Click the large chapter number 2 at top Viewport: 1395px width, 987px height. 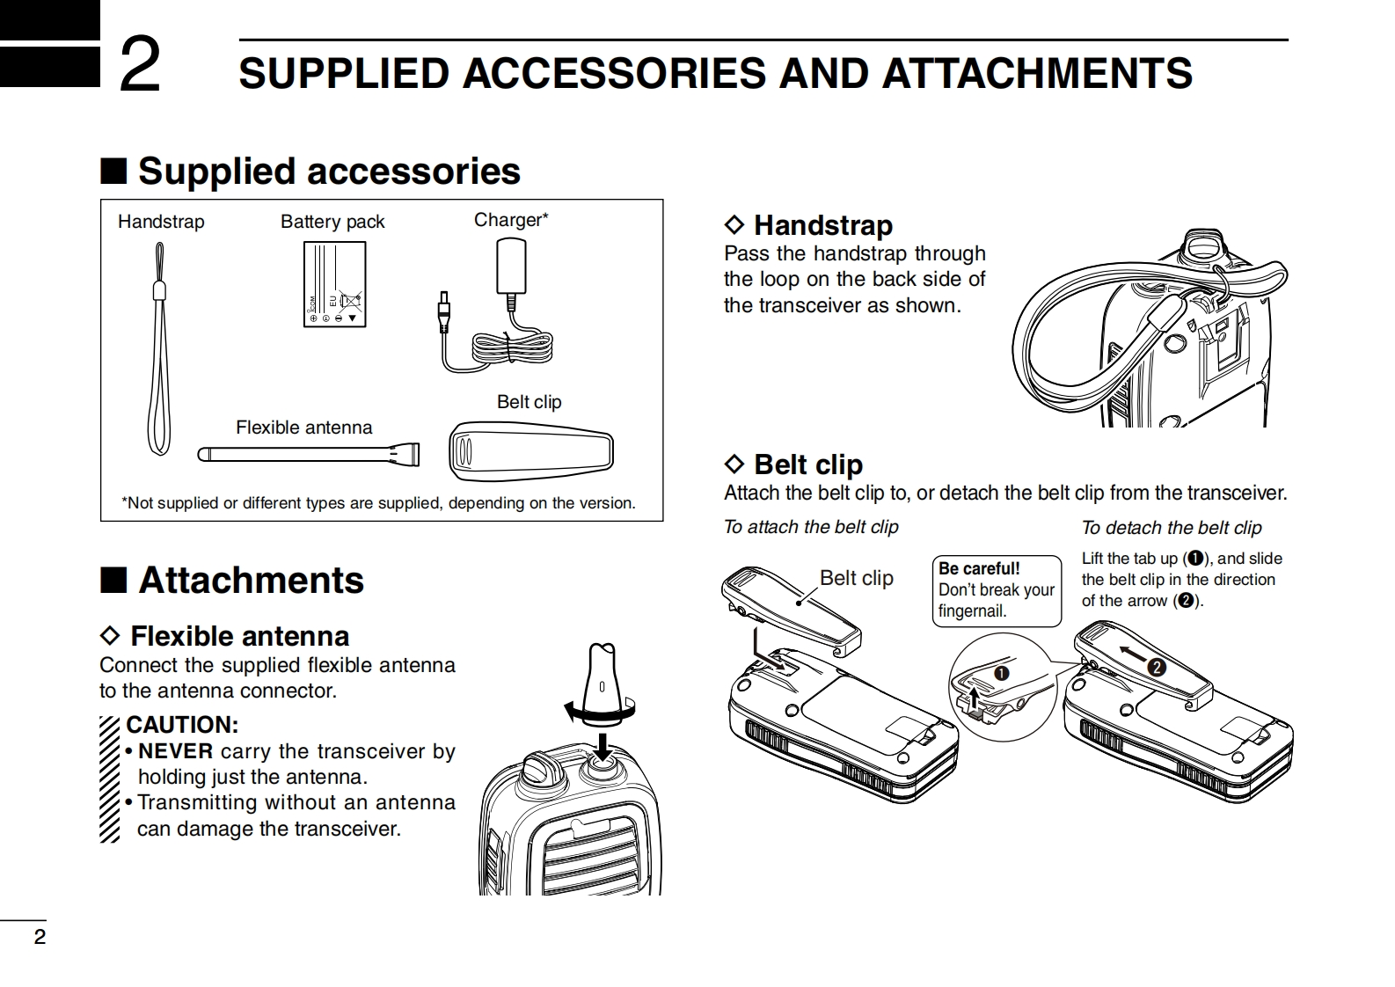[x=140, y=65]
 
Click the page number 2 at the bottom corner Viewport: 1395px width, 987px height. [x=40, y=937]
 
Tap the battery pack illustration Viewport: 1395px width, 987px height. [x=334, y=284]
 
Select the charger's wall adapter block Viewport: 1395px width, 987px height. [x=511, y=267]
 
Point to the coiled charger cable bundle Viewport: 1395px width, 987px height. [x=512, y=347]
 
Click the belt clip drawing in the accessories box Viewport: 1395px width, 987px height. [x=530, y=451]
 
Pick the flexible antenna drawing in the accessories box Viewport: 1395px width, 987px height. [x=308, y=454]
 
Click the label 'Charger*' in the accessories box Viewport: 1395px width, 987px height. [x=511, y=220]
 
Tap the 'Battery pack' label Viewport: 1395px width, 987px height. [x=332, y=222]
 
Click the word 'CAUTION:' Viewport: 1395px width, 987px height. [x=182, y=725]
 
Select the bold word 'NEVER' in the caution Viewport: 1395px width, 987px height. [x=176, y=751]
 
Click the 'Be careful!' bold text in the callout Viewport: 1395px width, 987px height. [x=979, y=568]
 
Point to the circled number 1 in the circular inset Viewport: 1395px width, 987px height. [x=1002, y=673]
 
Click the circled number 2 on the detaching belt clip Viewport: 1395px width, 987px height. [x=1157, y=668]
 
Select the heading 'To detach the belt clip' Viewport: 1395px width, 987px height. [x=1172, y=528]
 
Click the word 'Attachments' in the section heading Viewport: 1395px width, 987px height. [x=251, y=581]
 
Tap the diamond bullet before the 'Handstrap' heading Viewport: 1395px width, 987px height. [x=734, y=225]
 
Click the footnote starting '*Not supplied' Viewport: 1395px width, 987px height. [x=378, y=503]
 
